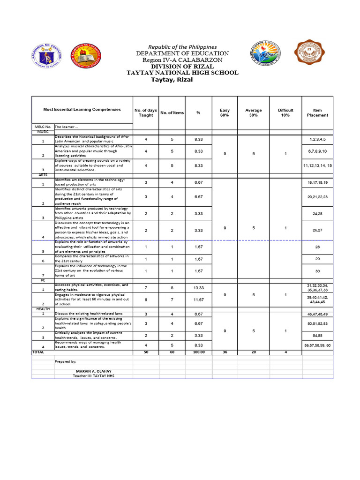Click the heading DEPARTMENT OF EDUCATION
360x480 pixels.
point(182,53)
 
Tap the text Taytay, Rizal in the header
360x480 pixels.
point(172,80)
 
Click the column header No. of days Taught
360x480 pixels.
point(146,112)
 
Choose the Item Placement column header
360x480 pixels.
point(317,112)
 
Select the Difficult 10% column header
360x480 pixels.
point(285,112)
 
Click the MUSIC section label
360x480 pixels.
point(43,132)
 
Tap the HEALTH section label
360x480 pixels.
point(43,309)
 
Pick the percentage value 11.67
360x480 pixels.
point(198,300)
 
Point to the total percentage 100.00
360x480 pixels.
point(198,352)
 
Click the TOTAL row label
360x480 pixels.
point(37,352)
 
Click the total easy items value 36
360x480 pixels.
point(225,352)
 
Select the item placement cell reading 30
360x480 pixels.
point(317,271)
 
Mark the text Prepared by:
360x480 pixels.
point(65,362)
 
